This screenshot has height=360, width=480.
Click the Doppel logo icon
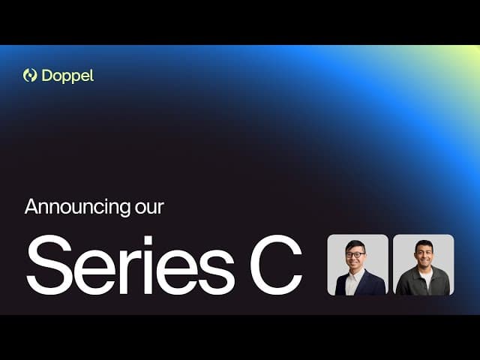[x=30, y=75]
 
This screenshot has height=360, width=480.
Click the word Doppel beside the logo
[x=68, y=75]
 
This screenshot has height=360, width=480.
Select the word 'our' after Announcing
[x=149, y=207]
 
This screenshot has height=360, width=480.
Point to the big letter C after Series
[x=276, y=265]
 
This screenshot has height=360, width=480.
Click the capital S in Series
[x=47, y=265]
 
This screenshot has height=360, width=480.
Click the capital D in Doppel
[x=47, y=75]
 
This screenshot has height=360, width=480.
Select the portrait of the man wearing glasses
[x=358, y=265]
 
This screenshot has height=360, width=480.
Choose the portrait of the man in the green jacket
[x=424, y=265]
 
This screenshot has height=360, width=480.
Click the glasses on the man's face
[x=357, y=255]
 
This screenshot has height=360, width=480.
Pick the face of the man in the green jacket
[x=424, y=255]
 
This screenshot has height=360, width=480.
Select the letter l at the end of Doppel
[x=91, y=75]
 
